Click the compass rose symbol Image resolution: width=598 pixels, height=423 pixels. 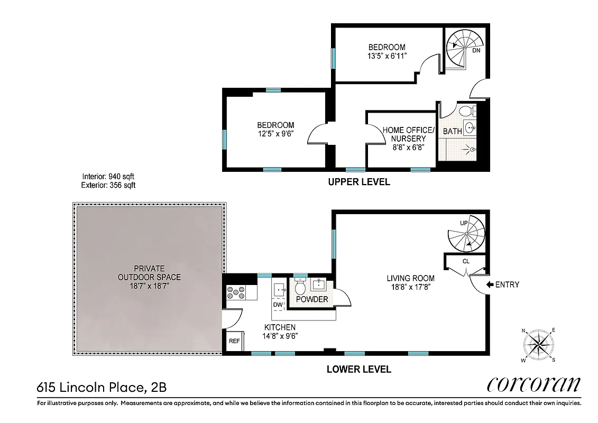pos(539,345)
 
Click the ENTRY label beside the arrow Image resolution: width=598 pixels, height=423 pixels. pos(507,284)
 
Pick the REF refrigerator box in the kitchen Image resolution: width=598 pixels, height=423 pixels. pos(234,341)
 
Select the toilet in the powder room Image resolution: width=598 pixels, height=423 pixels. pos(300,288)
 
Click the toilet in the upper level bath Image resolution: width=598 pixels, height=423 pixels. pos(466,112)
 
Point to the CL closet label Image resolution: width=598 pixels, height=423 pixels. pos(466,261)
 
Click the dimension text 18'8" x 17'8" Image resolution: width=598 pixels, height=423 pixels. pos(410,288)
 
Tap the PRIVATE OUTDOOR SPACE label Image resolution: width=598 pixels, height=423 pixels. pos(149,273)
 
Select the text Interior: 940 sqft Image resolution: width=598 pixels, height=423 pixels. pos(112,177)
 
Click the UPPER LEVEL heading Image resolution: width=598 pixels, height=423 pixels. pos(359,182)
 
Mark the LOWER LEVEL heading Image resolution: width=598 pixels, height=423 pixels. pos(359,369)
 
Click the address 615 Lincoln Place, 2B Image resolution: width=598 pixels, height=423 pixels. pos(102,388)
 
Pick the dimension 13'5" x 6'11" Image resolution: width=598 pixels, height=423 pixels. pos(387,56)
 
